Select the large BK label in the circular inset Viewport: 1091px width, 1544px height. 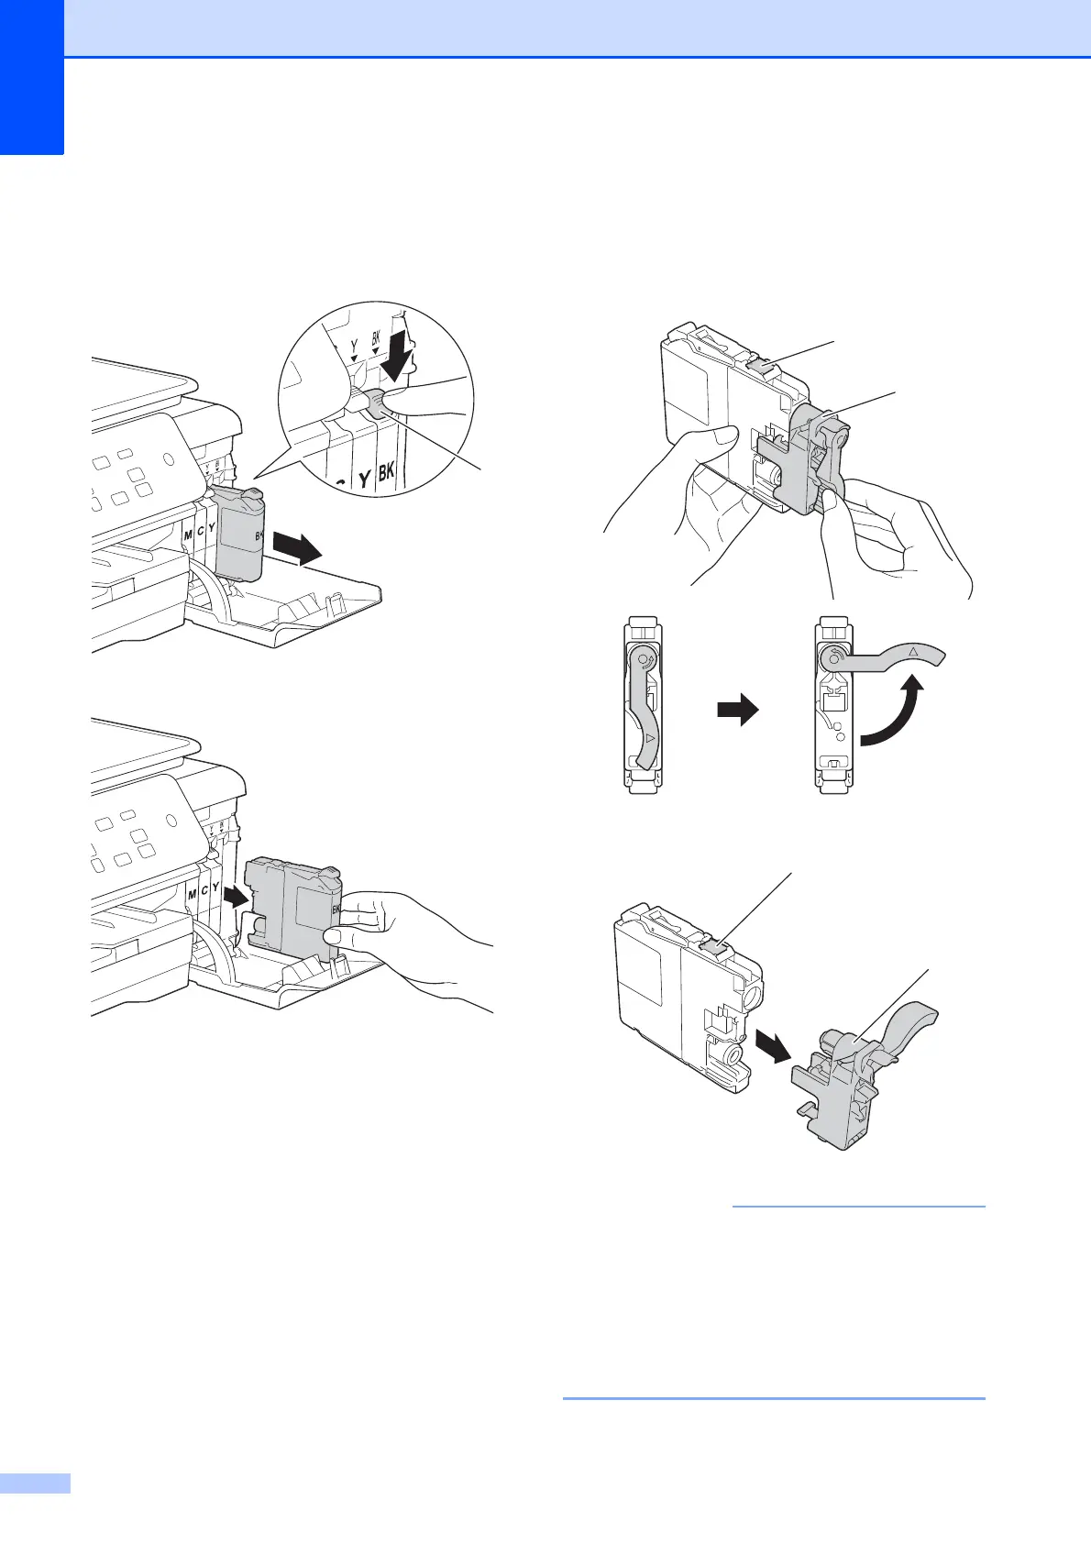[x=386, y=472]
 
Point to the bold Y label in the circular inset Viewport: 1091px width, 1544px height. [x=363, y=478]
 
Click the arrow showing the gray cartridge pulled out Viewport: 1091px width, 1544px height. [x=297, y=551]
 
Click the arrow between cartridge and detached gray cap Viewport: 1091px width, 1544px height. [x=773, y=1046]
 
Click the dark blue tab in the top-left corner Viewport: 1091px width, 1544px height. [x=31, y=78]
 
